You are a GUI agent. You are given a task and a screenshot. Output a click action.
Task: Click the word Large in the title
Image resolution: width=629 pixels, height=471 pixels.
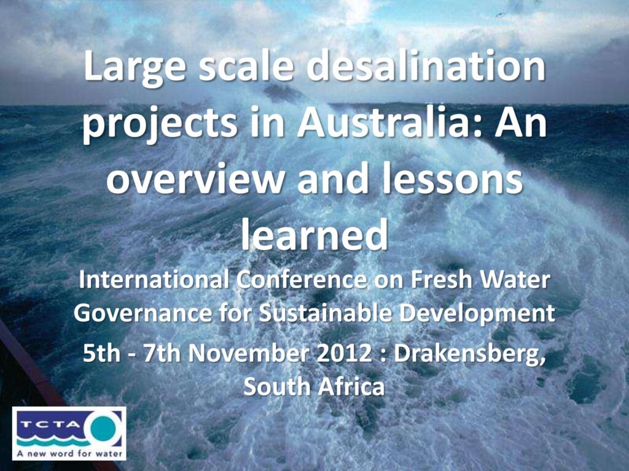(135, 69)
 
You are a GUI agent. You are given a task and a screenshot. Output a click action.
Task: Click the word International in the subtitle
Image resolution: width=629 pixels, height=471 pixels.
(154, 280)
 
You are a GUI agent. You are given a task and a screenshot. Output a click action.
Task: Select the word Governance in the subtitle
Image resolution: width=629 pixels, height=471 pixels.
(143, 313)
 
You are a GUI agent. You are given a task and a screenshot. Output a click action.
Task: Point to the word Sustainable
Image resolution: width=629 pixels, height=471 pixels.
(326, 313)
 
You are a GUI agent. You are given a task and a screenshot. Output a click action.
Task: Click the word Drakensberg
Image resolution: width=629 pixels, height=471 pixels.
(470, 355)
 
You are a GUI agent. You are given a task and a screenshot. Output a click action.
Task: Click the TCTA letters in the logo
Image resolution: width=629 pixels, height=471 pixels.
(50, 424)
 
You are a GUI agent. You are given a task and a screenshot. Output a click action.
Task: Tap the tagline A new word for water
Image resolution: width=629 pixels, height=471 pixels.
(69, 453)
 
